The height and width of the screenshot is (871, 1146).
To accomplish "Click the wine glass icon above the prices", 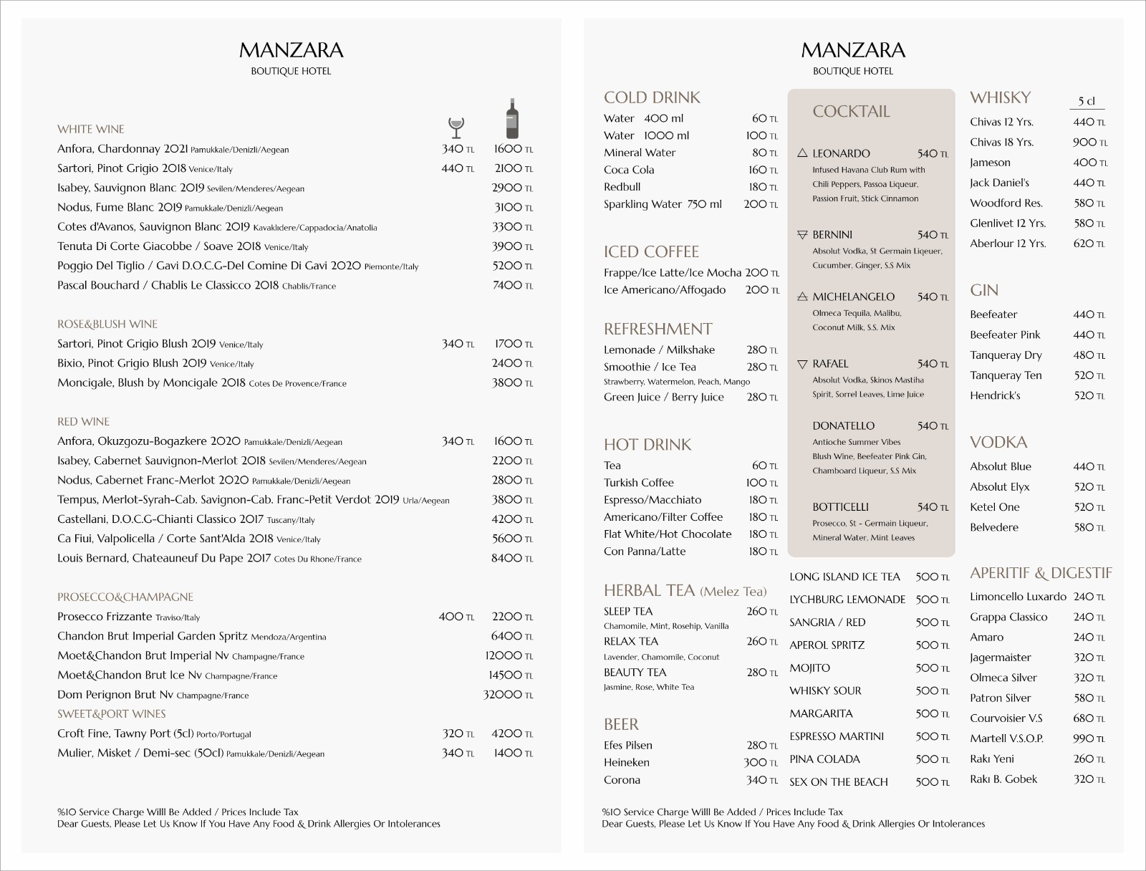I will (456, 127).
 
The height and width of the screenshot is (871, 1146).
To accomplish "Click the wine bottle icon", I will (511, 118).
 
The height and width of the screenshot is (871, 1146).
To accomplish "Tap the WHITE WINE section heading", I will (91, 129).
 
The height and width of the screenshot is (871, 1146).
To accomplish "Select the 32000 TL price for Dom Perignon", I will (508, 695).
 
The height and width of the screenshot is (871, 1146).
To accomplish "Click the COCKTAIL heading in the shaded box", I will (851, 112).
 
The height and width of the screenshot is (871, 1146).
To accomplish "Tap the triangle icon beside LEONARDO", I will (802, 153).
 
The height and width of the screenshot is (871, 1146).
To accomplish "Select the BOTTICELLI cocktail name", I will (840, 507).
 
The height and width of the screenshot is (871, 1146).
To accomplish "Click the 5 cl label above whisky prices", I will (1087, 101).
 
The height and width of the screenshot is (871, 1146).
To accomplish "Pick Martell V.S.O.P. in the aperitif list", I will (1006, 738).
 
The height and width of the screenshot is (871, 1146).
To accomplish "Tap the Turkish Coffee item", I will (638, 483).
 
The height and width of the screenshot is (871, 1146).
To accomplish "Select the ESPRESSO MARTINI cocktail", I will (837, 736).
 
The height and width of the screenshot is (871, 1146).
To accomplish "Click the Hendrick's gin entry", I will (995, 395).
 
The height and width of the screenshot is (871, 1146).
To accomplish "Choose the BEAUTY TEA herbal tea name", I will (635, 673).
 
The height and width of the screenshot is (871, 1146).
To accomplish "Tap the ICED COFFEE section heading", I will (651, 252).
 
